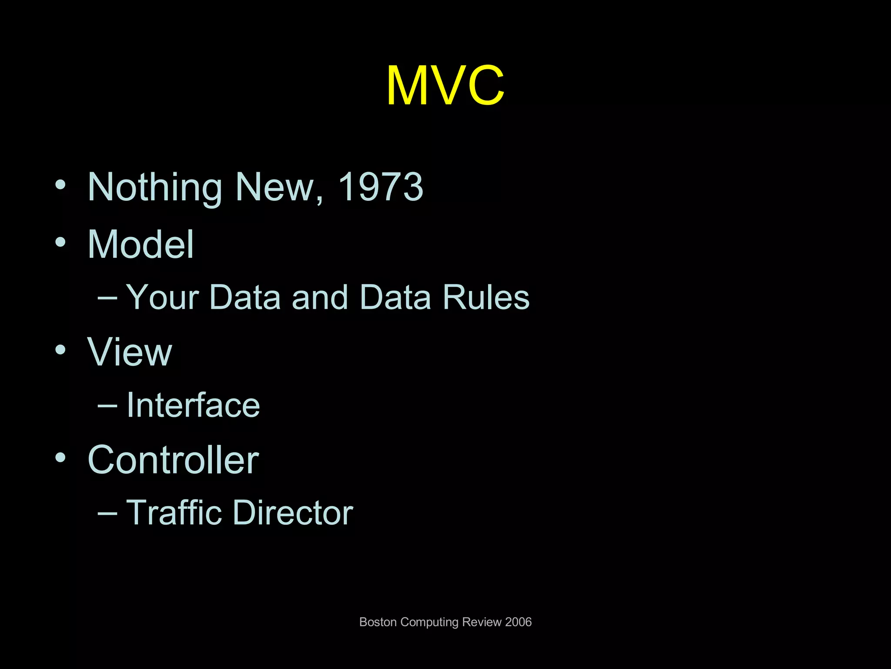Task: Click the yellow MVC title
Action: [x=445, y=85]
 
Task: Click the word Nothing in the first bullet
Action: [x=155, y=187]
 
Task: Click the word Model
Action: [x=141, y=244]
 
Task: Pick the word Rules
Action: [x=486, y=297]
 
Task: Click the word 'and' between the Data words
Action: [x=320, y=297]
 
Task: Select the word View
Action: [x=130, y=352]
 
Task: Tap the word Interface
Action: [x=193, y=405]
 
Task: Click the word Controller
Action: [x=173, y=460]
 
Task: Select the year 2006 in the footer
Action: [x=518, y=622]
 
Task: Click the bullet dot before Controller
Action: [x=60, y=457]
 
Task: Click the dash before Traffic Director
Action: [x=107, y=513]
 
